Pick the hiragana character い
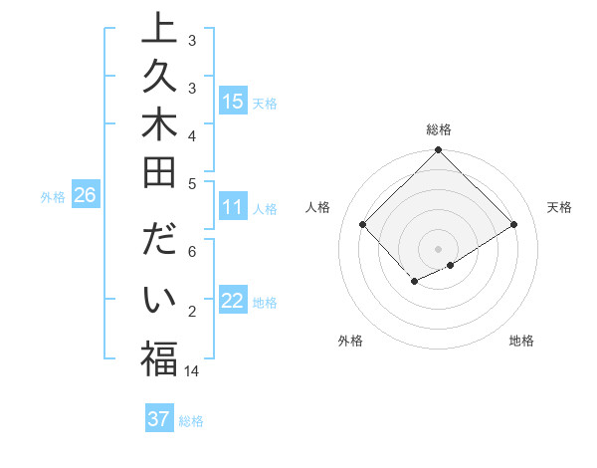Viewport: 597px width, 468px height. (159, 303)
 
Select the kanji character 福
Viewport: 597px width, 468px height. (159, 359)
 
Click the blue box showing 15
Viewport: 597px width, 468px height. (233, 101)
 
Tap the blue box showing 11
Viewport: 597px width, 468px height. (233, 207)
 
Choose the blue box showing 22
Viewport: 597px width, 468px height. (233, 302)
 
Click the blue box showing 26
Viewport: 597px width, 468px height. (85, 195)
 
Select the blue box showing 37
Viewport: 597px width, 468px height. (159, 419)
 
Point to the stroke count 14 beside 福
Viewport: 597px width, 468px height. (193, 370)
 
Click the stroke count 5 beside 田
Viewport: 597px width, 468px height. (192, 183)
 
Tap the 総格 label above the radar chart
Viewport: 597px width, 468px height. (438, 129)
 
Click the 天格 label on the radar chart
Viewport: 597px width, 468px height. (560, 207)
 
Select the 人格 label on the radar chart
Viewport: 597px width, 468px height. (317, 207)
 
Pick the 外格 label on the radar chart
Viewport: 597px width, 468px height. (350, 341)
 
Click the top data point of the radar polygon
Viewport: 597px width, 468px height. (438, 151)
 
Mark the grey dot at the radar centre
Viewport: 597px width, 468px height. (438, 248)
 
